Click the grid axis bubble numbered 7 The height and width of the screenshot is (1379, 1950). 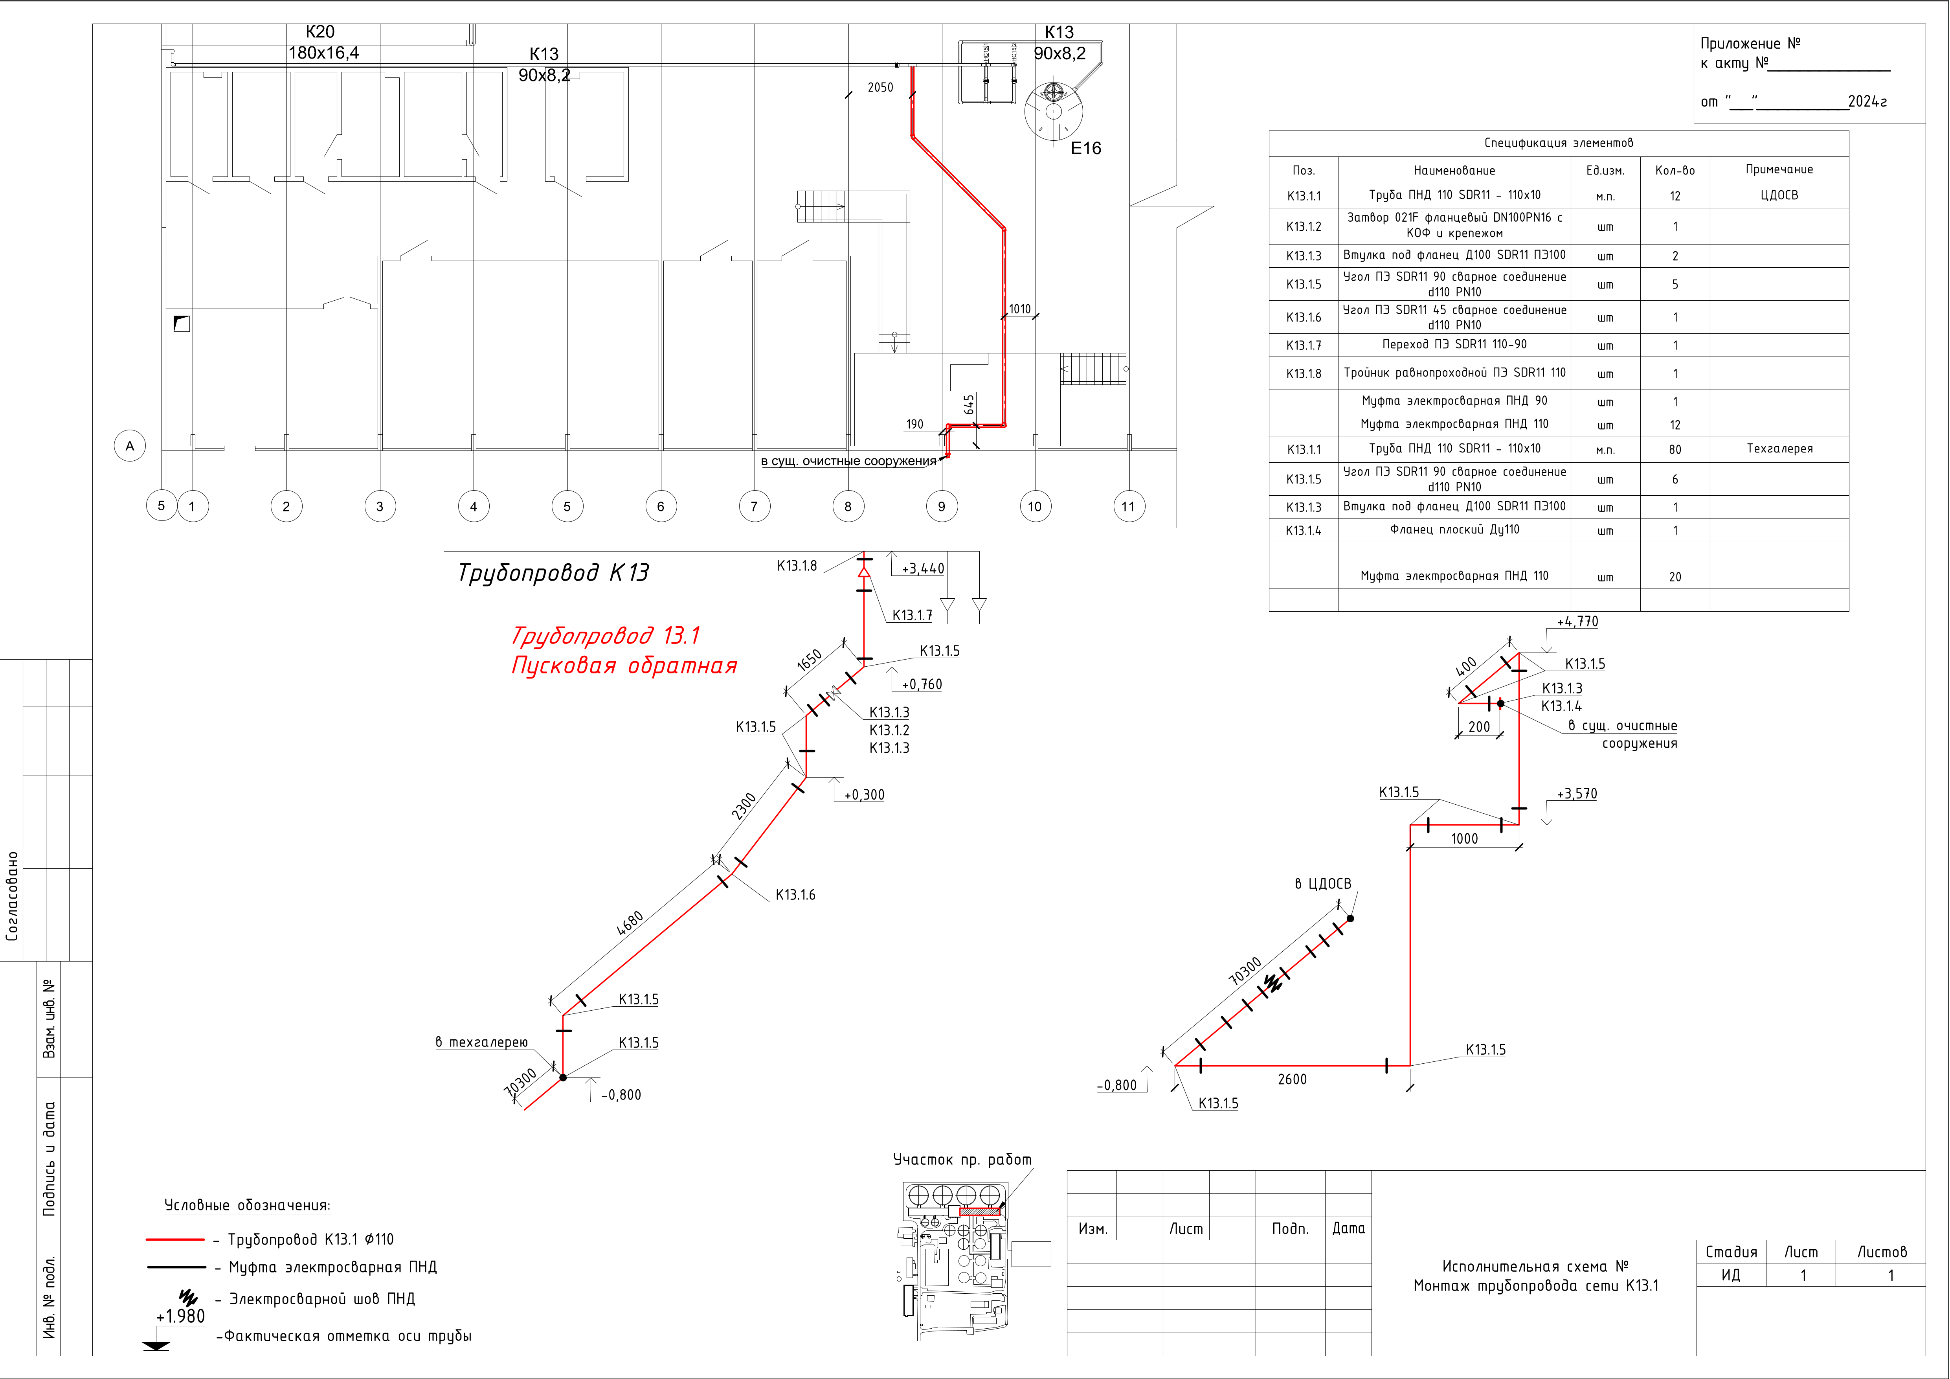coord(754,506)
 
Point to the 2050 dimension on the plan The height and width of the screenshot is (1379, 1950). coord(880,88)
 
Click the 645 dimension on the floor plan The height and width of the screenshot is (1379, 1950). coord(969,405)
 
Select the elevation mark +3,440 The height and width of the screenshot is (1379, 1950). coord(922,568)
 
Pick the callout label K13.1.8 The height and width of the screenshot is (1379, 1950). coord(797,566)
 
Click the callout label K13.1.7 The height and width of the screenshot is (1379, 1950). coord(912,615)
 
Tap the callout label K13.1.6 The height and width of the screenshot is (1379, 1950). coord(795,895)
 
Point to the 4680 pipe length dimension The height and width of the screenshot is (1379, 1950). coord(629,923)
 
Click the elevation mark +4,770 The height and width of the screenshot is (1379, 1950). coord(1577,622)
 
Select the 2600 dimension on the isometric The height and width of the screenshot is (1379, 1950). coord(1292,1079)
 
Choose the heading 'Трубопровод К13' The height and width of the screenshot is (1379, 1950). coord(553,573)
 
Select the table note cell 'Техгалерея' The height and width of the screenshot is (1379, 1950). coord(1779,449)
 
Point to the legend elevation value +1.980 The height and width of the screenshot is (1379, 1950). coord(180,1316)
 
